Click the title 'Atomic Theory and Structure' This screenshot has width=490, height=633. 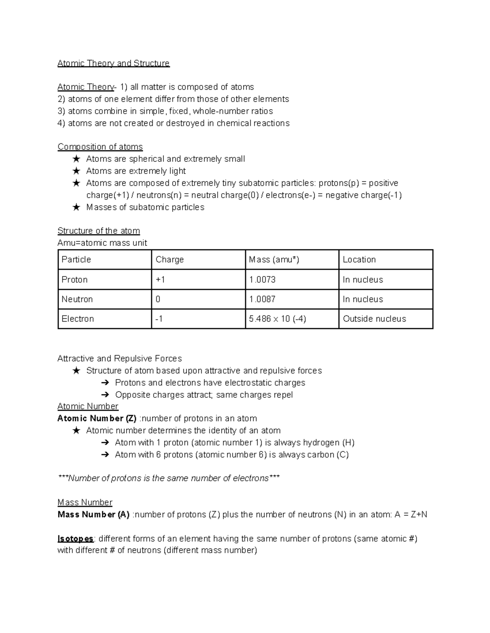(x=113, y=63)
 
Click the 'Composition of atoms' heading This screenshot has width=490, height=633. (x=100, y=147)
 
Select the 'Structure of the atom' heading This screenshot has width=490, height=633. (x=98, y=231)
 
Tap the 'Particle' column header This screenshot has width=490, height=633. (x=76, y=260)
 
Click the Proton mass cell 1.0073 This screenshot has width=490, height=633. (x=262, y=280)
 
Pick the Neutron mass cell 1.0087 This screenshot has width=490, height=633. (x=262, y=299)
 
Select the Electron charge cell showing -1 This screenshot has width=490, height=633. (x=159, y=319)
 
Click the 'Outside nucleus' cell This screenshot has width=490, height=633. (x=374, y=319)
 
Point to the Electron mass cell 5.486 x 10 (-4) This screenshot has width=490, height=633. (x=278, y=319)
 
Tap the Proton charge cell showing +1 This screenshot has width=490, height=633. (x=160, y=280)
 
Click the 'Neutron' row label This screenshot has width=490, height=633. (x=77, y=299)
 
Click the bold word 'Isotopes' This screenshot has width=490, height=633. (x=76, y=538)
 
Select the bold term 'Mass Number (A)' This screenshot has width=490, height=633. (x=94, y=514)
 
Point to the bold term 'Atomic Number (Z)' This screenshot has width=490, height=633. (x=97, y=418)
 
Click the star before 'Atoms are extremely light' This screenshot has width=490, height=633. (x=76, y=171)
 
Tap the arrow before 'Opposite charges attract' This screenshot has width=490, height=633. (x=105, y=395)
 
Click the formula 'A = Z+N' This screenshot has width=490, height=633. (x=411, y=514)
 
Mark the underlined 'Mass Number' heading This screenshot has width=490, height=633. (x=85, y=502)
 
